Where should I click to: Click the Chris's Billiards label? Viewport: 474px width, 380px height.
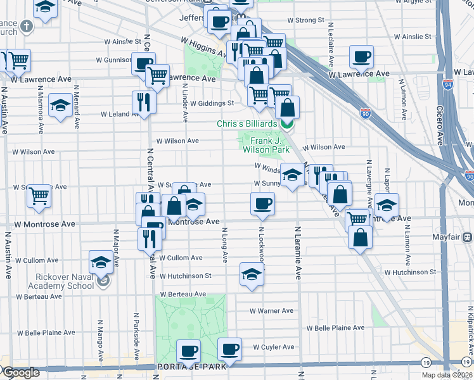point(247,123)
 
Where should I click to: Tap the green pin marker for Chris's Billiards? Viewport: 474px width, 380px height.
point(287,123)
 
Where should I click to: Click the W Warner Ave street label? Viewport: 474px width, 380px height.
point(271,311)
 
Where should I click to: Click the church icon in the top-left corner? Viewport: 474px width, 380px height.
point(27,27)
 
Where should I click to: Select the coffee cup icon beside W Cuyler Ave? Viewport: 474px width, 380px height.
point(229,349)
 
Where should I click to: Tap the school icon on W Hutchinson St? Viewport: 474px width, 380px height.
point(252,274)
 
